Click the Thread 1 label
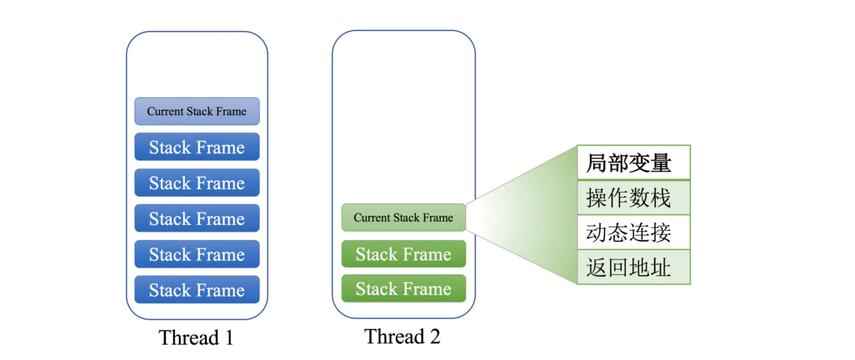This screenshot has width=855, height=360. [197, 338]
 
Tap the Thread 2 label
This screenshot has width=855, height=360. [403, 336]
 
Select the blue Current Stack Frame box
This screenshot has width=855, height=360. [197, 111]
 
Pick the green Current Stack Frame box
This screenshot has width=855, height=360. [403, 217]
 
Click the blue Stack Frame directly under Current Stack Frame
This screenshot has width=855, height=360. [197, 147]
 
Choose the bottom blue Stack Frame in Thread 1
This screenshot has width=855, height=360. [197, 289]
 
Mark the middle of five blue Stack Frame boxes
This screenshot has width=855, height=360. [197, 218]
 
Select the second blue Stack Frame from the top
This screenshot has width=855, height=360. [197, 182]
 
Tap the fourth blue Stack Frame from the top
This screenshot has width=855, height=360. [197, 254]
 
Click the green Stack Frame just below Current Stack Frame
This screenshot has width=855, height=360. [403, 253]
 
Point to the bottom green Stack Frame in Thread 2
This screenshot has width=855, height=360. [403, 288]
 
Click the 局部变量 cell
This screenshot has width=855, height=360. [633, 162]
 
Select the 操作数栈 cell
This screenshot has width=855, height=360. [633, 197]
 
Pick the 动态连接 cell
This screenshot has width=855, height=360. [633, 232]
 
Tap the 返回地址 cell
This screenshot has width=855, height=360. [633, 267]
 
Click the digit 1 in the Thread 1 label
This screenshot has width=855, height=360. [229, 338]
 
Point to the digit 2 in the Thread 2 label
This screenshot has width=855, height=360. [435, 336]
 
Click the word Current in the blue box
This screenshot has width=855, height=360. [161, 111]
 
